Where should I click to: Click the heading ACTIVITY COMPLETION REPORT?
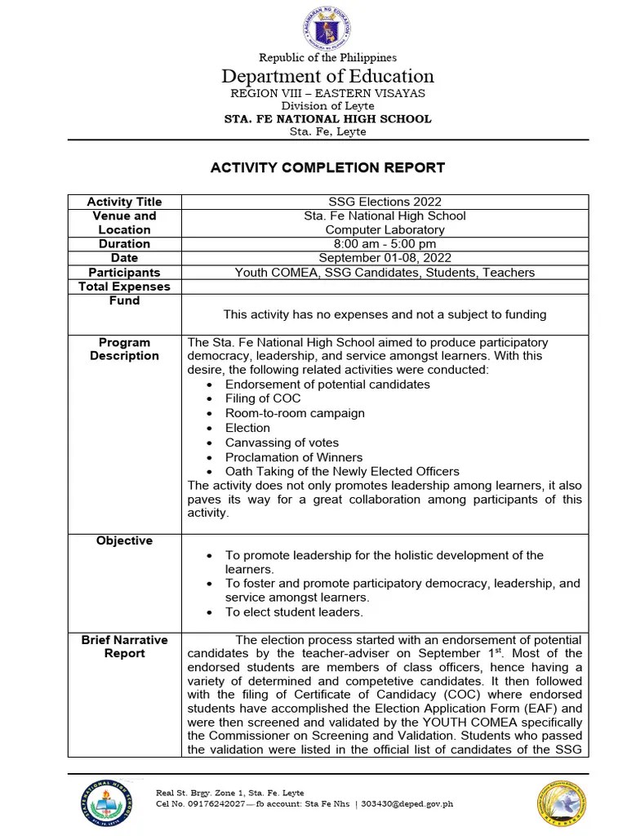327,167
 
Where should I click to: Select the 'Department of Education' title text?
327,77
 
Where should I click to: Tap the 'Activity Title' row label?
124,202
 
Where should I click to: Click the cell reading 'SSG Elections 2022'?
384,202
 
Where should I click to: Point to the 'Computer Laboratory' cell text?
384,229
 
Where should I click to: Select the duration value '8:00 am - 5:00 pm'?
384,243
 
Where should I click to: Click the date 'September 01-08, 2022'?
384,257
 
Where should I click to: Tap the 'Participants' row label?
124,272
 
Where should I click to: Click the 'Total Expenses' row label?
124,287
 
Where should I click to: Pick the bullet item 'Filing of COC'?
263,398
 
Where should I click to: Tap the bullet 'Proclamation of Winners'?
294,457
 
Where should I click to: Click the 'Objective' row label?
124,540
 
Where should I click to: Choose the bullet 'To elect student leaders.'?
294,612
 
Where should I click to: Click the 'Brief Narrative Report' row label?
124,647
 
